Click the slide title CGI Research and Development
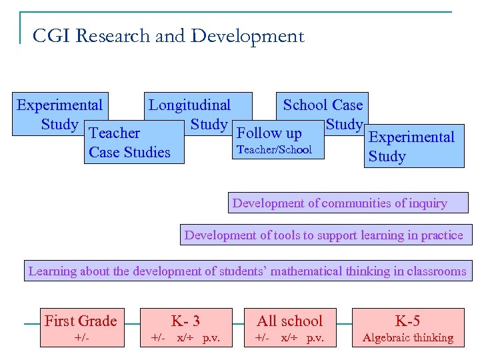pyautogui.click(x=168, y=36)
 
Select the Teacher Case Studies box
pyautogui.click(x=129, y=143)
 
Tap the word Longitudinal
pyautogui.click(x=189, y=105)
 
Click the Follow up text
pyautogui.click(x=269, y=133)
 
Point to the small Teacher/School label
pyautogui.click(x=274, y=149)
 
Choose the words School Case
pyautogui.click(x=323, y=105)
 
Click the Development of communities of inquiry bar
pyautogui.click(x=339, y=203)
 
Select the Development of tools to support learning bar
pyautogui.click(x=323, y=235)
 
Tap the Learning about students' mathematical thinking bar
pyautogui.click(x=247, y=271)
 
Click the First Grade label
pyautogui.click(x=80, y=321)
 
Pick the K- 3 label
pyautogui.click(x=185, y=321)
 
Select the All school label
pyautogui.click(x=289, y=321)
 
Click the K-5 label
pyautogui.click(x=407, y=321)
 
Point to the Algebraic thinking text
pyautogui.click(x=407, y=338)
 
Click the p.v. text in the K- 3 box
pyautogui.click(x=211, y=338)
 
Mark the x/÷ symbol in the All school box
pyautogui.click(x=290, y=338)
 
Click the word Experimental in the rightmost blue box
pyautogui.click(x=411, y=137)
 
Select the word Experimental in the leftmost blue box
pyautogui.click(x=59, y=105)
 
